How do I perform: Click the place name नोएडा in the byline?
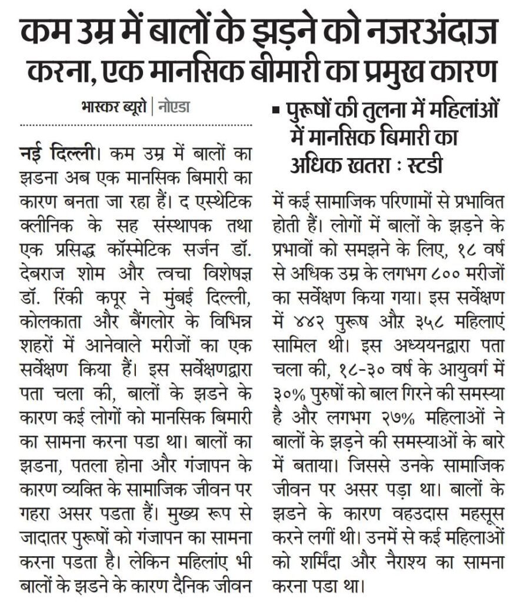pyautogui.click(x=173, y=108)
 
